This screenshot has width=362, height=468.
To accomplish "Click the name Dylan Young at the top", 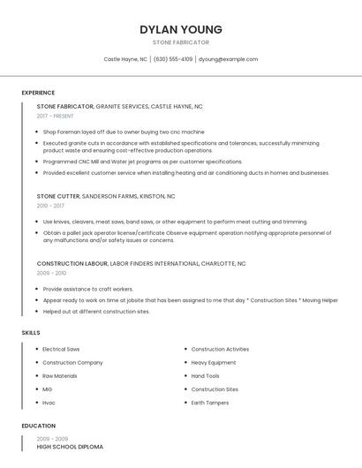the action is (x=181, y=29).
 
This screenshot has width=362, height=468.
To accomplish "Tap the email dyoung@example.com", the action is (x=228, y=59).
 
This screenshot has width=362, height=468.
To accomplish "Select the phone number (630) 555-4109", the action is (x=173, y=59).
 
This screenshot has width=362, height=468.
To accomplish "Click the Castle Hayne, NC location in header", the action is (x=125, y=59).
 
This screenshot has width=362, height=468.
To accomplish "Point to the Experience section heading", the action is (x=38, y=93).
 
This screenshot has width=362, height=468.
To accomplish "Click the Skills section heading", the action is (x=31, y=332).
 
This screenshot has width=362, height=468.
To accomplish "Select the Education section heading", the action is (x=38, y=426).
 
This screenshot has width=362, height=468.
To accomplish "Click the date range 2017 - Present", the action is (x=56, y=116).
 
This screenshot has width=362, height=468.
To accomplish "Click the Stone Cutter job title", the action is (x=58, y=196).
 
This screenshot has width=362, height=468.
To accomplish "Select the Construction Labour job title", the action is (x=72, y=263).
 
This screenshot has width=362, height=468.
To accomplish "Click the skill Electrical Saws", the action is (x=61, y=349).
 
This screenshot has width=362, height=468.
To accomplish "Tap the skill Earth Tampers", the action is (x=210, y=403).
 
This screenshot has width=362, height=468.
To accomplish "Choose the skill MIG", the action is (x=48, y=389).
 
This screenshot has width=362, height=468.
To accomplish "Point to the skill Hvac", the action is (x=49, y=403).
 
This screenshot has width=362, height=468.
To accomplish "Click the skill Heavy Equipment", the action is (x=213, y=362).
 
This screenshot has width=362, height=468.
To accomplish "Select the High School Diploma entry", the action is (x=70, y=447).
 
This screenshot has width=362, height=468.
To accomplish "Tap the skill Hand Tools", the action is (x=205, y=375).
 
